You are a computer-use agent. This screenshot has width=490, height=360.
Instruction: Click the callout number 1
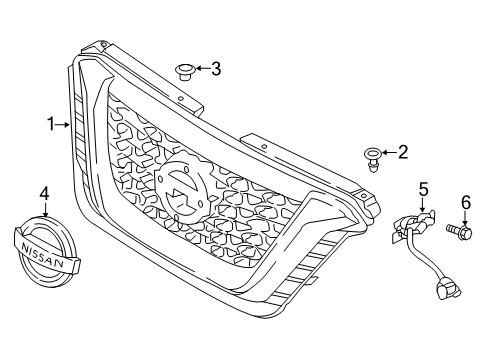[x=48, y=125]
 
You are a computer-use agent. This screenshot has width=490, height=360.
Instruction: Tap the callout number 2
[x=403, y=152]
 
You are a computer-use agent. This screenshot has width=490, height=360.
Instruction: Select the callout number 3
[x=215, y=68]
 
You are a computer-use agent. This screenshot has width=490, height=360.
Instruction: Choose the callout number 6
[x=465, y=203]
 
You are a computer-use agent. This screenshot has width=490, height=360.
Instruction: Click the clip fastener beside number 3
[x=182, y=69]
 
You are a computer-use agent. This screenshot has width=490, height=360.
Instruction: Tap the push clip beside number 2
[x=372, y=156]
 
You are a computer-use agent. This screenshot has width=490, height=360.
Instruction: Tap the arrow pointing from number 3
[x=200, y=68]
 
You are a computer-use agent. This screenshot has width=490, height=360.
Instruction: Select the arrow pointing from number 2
[x=389, y=153]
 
